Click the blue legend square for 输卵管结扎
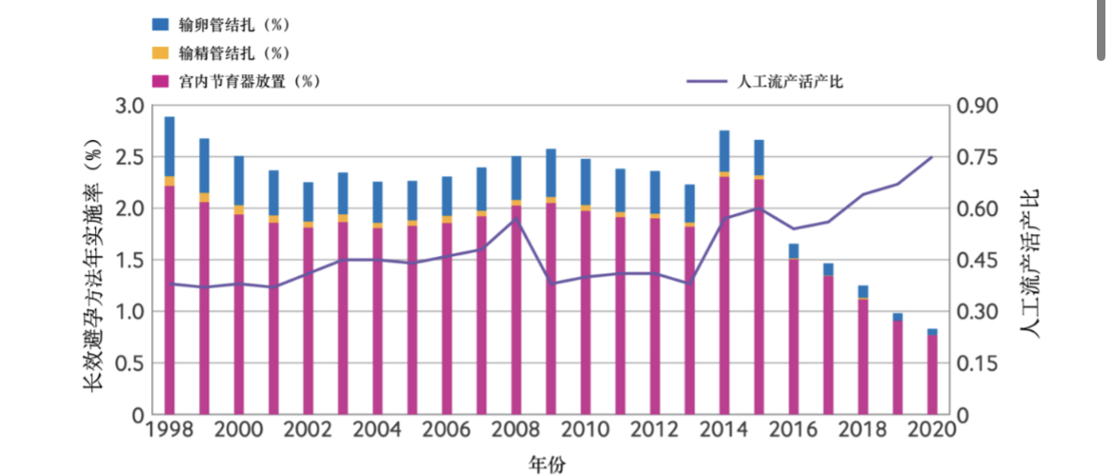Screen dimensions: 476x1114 160,23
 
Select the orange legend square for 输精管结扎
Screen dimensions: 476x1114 160,51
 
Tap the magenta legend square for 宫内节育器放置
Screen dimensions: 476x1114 160,81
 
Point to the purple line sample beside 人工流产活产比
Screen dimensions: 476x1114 706,81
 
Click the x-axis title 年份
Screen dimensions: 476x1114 547,464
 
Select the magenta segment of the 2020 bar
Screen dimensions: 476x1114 932,375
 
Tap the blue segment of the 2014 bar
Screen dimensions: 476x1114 725,150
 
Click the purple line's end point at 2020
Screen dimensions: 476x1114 932,156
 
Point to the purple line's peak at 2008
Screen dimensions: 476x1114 516,219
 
